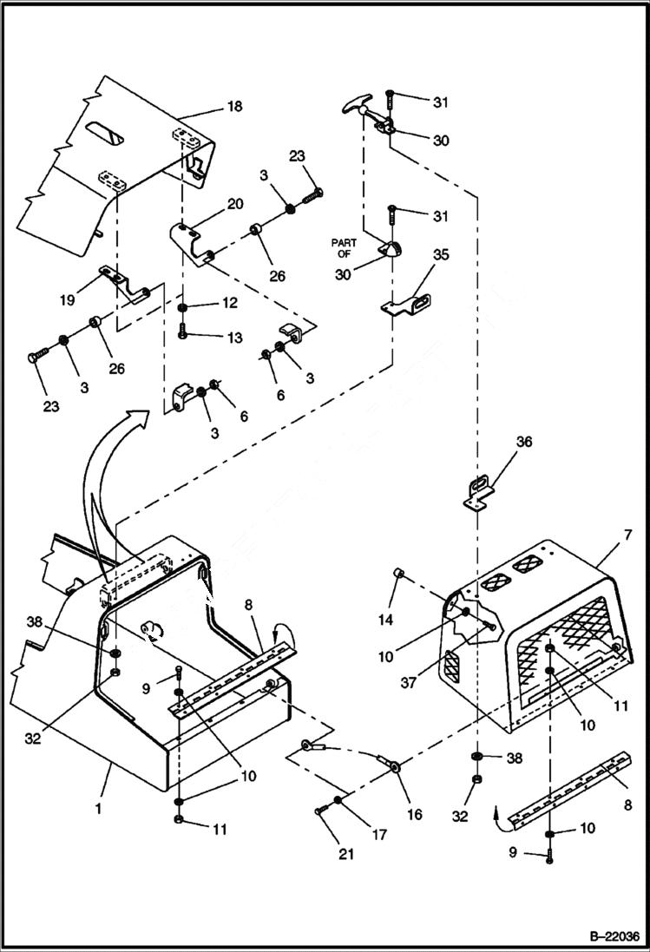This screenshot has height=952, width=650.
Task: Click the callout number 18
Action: pyautogui.click(x=233, y=107)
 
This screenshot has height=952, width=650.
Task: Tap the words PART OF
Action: pyautogui.click(x=345, y=249)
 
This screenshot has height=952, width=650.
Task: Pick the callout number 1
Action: pyautogui.click(x=99, y=808)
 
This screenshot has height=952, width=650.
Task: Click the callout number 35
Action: pyautogui.click(x=441, y=255)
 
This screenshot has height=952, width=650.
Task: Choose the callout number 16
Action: pyautogui.click(x=414, y=815)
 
